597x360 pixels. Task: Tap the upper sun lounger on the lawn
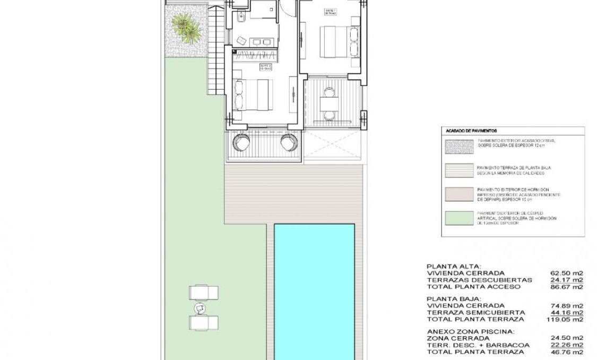(204, 292)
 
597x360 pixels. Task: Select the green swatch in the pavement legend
(458, 218)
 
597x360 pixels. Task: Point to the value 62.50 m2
(567, 273)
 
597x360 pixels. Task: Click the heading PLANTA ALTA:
(454, 267)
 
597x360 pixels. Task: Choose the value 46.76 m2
(567, 352)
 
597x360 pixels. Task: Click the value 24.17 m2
(567, 280)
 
